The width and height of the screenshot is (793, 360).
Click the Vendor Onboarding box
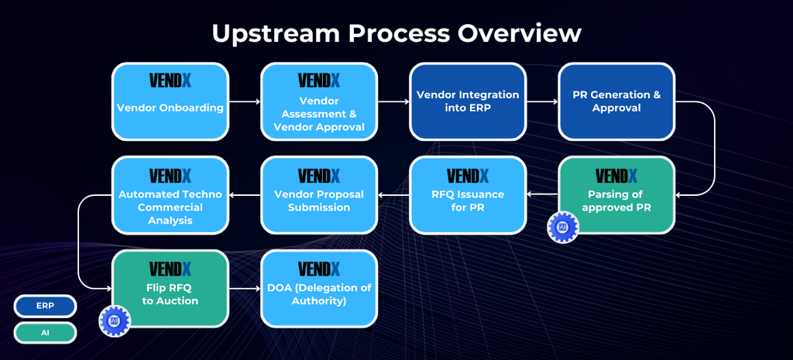point(170,101)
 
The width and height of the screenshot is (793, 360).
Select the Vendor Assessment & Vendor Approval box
point(319,101)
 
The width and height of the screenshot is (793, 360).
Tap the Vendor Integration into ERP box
point(468,101)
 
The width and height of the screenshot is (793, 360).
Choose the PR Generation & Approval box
point(616,101)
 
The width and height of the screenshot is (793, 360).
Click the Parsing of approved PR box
point(616,195)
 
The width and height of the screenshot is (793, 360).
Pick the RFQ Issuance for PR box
point(468,195)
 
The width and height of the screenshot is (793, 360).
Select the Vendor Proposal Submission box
point(319,195)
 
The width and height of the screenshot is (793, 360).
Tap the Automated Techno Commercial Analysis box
point(170,195)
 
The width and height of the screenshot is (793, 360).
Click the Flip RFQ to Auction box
point(170,289)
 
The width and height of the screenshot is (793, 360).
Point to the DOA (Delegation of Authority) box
point(319,289)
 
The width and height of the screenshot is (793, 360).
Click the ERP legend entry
point(45,307)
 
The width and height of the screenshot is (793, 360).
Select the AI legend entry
point(45,333)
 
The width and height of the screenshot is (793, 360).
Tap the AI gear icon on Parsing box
point(563,228)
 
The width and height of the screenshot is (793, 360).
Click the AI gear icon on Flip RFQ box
point(115,321)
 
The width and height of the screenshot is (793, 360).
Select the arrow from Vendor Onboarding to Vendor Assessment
point(245,101)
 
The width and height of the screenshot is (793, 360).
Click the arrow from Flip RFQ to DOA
point(245,289)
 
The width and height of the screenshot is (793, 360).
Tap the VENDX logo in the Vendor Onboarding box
point(170,81)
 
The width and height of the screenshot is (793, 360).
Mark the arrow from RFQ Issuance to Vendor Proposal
point(393,195)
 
